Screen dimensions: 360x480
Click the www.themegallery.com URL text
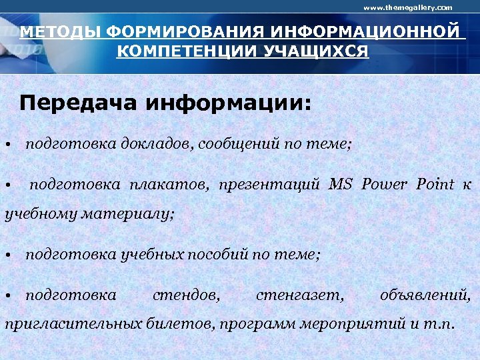click(x=407, y=7)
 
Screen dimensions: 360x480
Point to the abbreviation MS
click(x=341, y=184)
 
